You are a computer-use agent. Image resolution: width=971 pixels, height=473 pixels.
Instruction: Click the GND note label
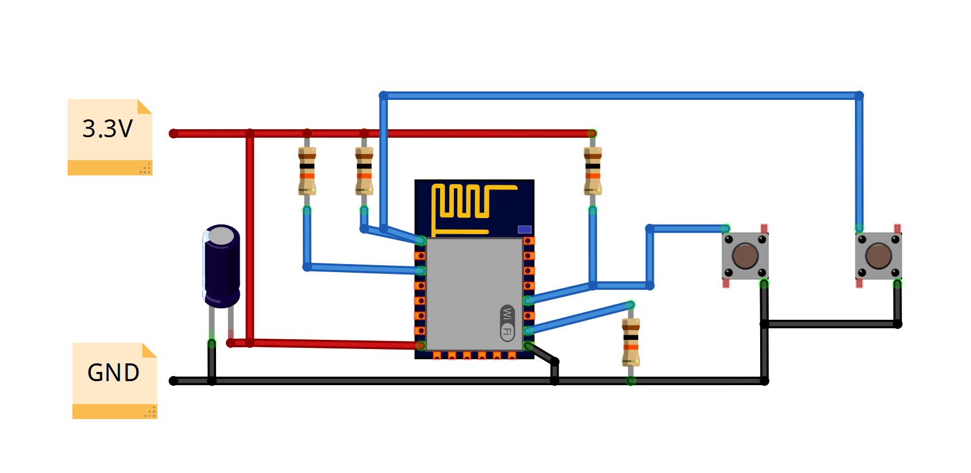coord(114,373)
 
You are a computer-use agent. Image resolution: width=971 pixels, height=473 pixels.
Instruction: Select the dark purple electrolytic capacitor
coord(221,265)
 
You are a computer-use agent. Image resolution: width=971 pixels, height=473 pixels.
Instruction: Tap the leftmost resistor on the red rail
coord(307,171)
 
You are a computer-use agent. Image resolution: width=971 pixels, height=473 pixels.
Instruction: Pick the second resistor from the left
coord(364,171)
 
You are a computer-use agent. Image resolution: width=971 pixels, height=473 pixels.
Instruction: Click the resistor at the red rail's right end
coord(592,171)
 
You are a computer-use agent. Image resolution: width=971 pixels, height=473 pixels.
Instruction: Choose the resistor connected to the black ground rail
coord(630,343)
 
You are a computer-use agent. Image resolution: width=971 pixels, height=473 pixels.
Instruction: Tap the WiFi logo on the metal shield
coord(507,323)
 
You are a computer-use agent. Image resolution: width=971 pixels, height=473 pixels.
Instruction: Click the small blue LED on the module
coord(524,230)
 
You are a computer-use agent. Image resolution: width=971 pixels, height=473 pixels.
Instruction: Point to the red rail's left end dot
coord(174,134)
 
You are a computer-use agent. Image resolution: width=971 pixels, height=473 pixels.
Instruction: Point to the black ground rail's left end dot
coord(174,381)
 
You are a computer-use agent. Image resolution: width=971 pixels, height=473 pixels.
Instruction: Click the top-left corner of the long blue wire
coord(384,95)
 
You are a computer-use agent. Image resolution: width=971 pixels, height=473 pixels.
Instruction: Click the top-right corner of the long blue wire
coord(859,95)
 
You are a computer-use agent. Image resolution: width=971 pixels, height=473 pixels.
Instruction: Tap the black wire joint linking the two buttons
coord(765,324)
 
